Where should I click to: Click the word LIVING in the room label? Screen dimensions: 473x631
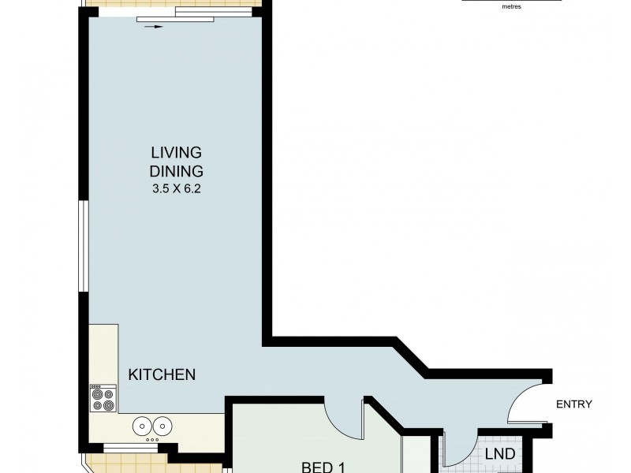click(177, 151)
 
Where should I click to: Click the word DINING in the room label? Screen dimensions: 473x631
click(177, 170)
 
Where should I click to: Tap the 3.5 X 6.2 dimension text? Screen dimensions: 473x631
click(177, 189)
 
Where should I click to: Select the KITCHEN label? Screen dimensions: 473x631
click(162, 374)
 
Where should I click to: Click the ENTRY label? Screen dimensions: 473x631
click(573, 404)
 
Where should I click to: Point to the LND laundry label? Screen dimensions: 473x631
click(499, 454)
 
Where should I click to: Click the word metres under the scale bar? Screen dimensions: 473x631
click(511, 6)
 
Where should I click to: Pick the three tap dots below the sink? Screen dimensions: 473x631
click(152, 439)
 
